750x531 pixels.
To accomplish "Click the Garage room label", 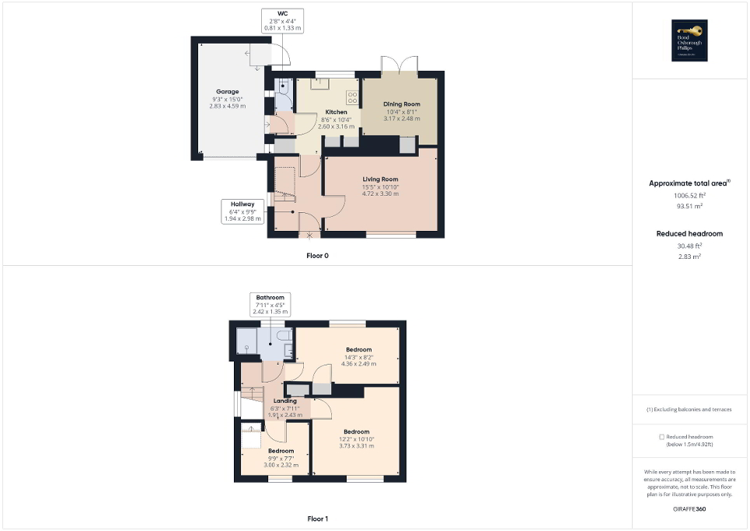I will coord(227,92).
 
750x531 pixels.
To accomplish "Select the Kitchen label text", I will coord(336,112).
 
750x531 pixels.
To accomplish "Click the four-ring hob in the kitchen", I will coord(351,97).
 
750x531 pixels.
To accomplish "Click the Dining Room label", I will coord(402,104).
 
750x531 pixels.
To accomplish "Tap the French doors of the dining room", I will coord(400,68).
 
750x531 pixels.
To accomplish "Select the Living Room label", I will coord(380,180).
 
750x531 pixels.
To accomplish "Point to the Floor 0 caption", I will coord(317,255).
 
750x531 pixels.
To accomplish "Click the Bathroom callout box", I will coord(270,304).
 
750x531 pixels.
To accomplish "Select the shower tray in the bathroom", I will coord(248,340).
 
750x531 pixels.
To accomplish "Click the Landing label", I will coord(284,401).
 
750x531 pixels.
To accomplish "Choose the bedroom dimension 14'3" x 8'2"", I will coord(358,356).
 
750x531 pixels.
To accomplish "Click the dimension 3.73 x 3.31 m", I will coord(357,445).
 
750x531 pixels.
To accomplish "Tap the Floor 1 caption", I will coord(317,519).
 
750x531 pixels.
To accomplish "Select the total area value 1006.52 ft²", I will coord(689,196).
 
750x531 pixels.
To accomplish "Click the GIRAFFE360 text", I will coord(689,508).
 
